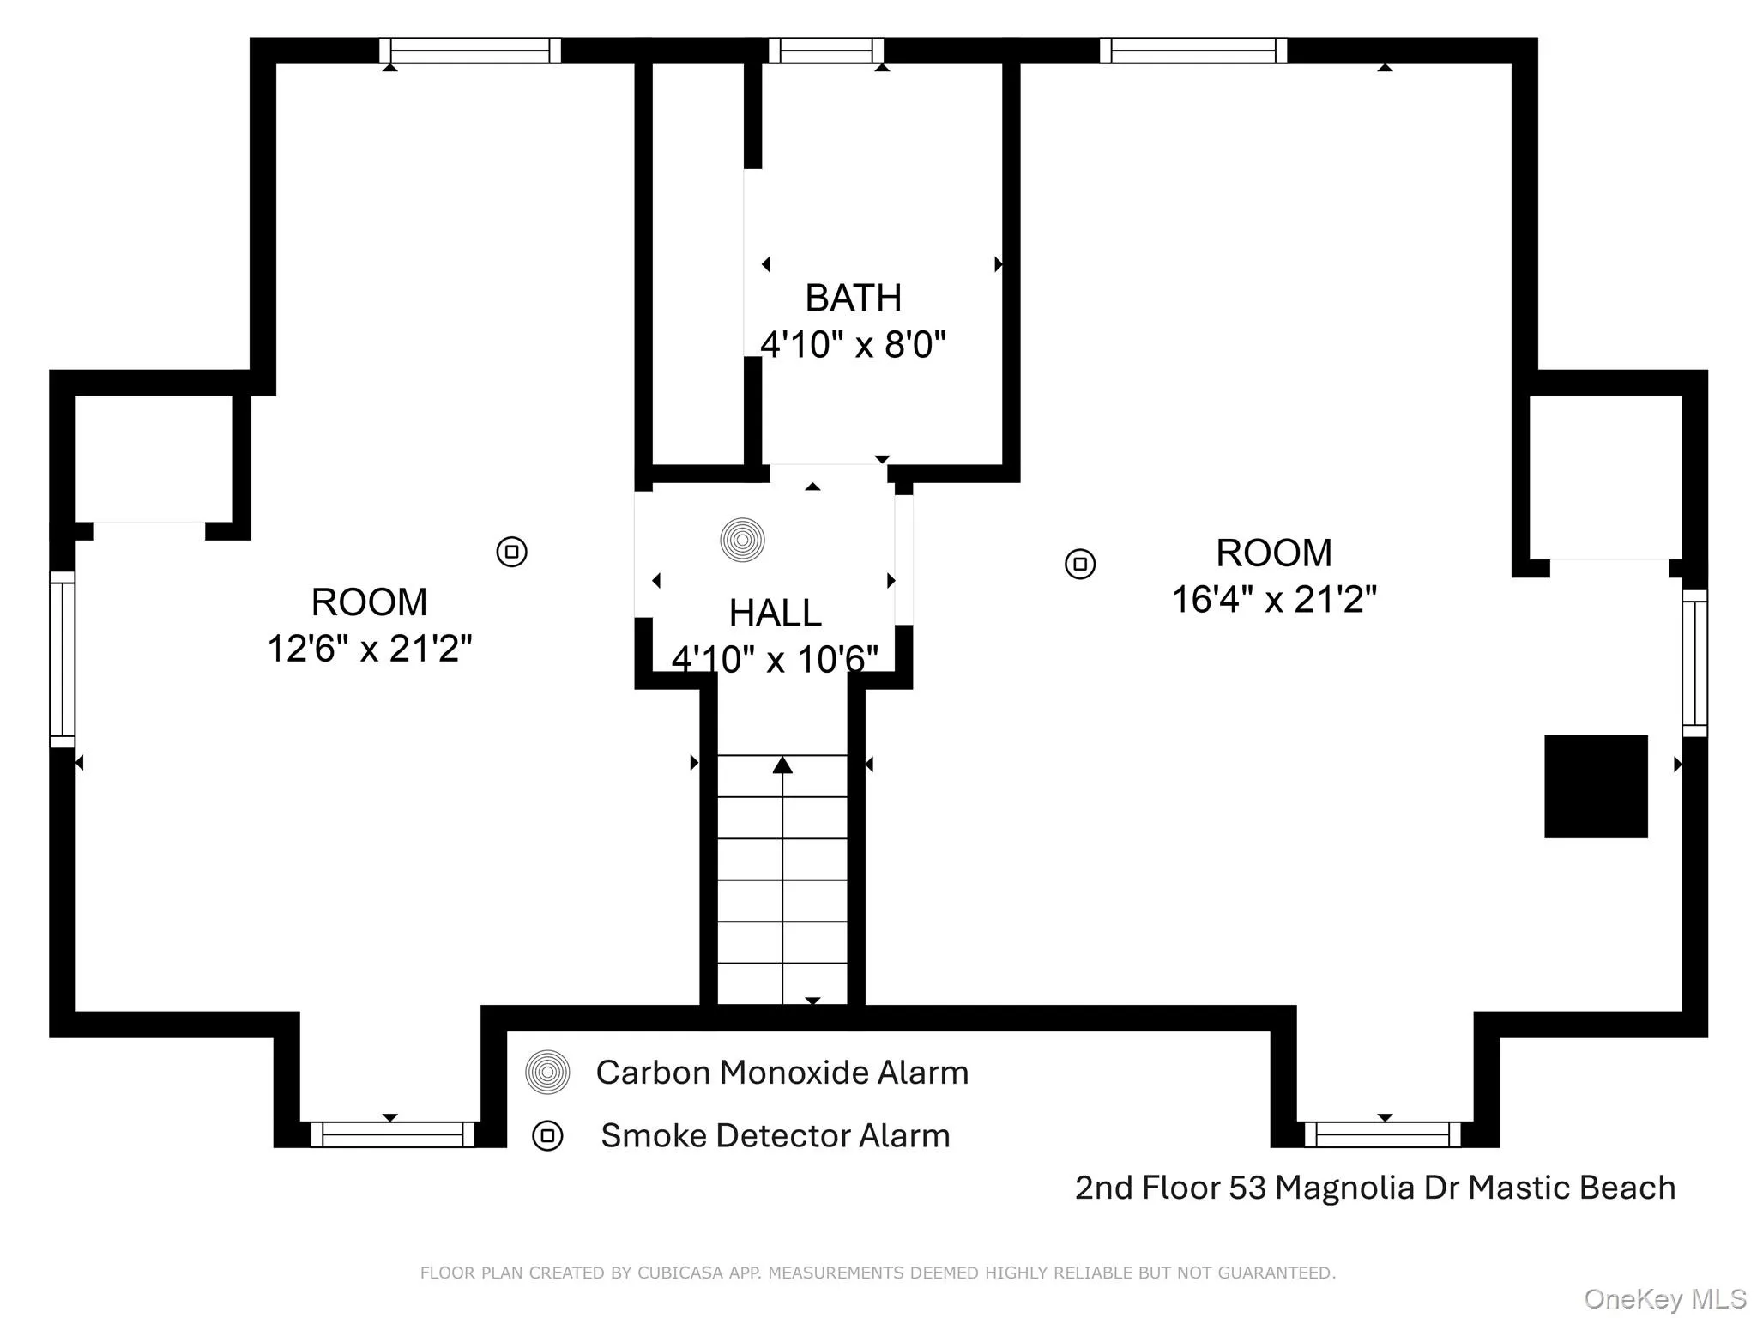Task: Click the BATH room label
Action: [853, 299]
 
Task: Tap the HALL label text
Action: [775, 614]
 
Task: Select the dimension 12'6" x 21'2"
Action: [370, 649]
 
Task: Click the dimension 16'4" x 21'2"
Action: [1274, 600]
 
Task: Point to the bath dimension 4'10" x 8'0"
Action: [853, 345]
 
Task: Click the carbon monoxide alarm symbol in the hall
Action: [742, 541]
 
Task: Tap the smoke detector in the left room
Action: [512, 552]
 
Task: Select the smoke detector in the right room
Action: [1080, 564]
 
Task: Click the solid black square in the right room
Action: [1596, 786]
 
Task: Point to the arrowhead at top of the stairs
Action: [782, 765]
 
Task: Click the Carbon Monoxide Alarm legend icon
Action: [547, 1073]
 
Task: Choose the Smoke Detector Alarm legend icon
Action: [547, 1136]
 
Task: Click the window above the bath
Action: [825, 51]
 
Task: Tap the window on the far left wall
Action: [63, 659]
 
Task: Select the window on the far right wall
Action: [1694, 662]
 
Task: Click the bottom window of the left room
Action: [392, 1134]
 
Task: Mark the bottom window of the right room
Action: [1382, 1134]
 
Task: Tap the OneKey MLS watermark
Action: [1664, 1298]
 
